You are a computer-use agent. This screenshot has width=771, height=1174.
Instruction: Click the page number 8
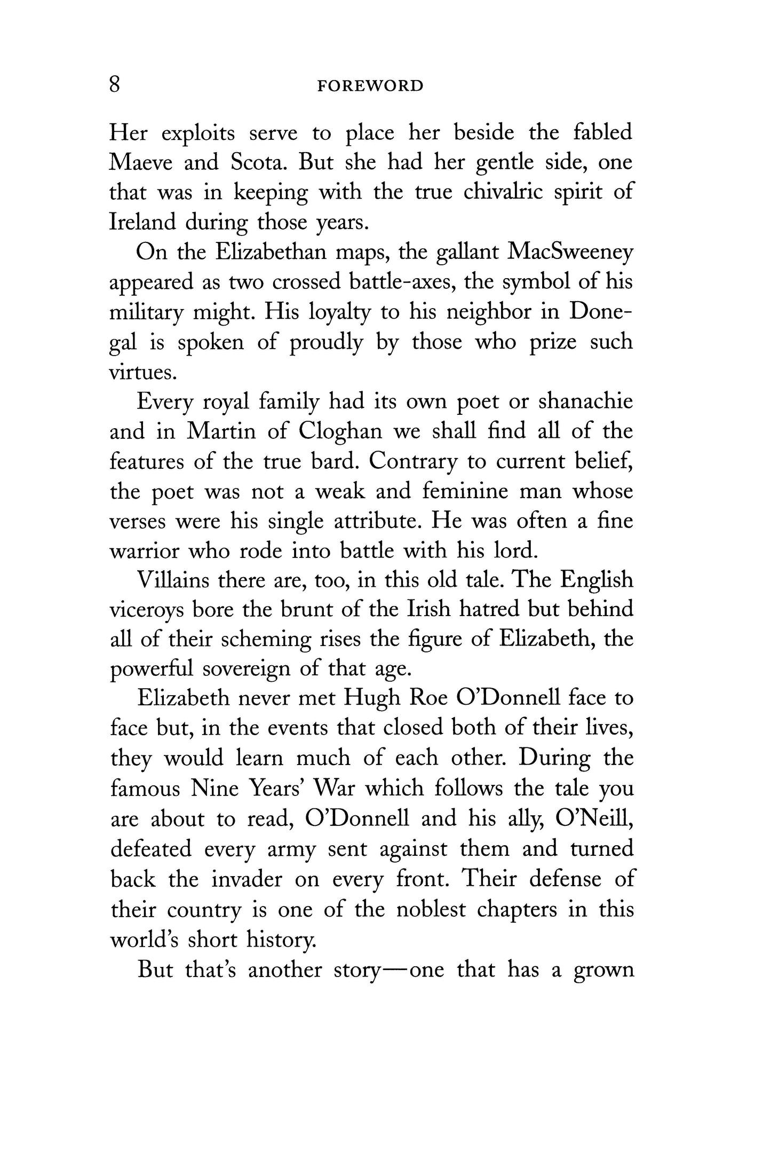pyautogui.click(x=115, y=85)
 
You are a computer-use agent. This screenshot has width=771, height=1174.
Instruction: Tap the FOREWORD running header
pyautogui.click(x=370, y=86)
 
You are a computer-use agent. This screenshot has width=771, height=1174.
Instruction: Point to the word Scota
pyautogui.click(x=257, y=162)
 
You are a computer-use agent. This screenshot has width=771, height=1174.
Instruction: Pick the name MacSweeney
pyautogui.click(x=570, y=252)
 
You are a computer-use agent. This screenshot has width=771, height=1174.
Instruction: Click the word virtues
pyautogui.click(x=141, y=372)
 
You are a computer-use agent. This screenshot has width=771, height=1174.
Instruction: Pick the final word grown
pyautogui.click(x=603, y=970)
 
